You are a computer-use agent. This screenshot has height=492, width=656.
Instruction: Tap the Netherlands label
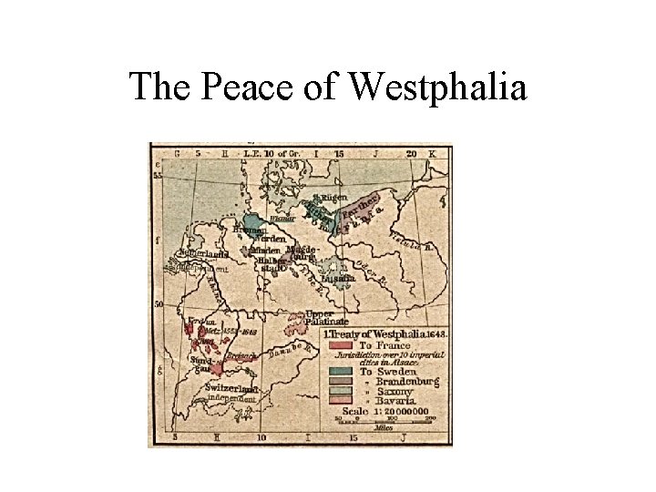click(x=204, y=253)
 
